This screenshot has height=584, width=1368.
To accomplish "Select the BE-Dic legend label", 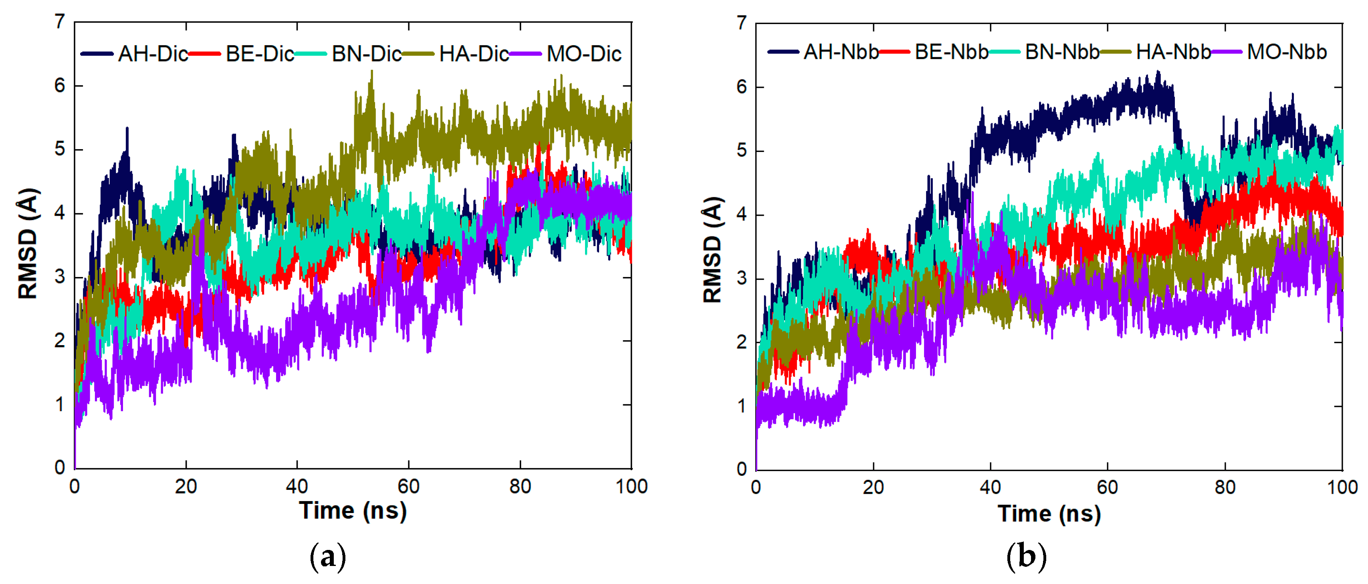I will pyautogui.click(x=259, y=54).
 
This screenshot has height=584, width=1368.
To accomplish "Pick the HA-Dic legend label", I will pyautogui.click(x=474, y=54).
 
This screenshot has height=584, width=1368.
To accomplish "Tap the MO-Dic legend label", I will pyautogui.click(x=584, y=54).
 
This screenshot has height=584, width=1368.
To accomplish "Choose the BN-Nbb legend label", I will pyautogui.click(x=1061, y=52).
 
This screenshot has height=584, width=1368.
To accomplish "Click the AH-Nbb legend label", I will pyautogui.click(x=841, y=52).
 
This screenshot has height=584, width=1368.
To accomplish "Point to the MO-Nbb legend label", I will pyautogui.click(x=1286, y=52).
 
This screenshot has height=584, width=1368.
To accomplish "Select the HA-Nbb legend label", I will pyautogui.click(x=1173, y=52).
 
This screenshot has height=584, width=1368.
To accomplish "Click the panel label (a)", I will pyautogui.click(x=328, y=556).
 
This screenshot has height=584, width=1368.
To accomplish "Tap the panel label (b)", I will pyautogui.click(x=1026, y=556).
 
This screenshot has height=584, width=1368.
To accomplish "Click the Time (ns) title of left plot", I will pyautogui.click(x=353, y=510).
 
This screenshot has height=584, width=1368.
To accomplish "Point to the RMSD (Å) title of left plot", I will pyautogui.click(x=28, y=243).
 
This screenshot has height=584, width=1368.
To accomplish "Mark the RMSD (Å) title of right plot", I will pyautogui.click(x=712, y=250).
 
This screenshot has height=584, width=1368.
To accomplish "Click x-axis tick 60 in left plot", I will pyautogui.click(x=408, y=486).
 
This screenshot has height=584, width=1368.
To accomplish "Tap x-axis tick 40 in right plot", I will pyautogui.click(x=991, y=487).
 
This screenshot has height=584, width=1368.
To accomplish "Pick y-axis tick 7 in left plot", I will pyautogui.click(x=59, y=22).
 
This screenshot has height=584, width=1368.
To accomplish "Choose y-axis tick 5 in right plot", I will pyautogui.click(x=742, y=151).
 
